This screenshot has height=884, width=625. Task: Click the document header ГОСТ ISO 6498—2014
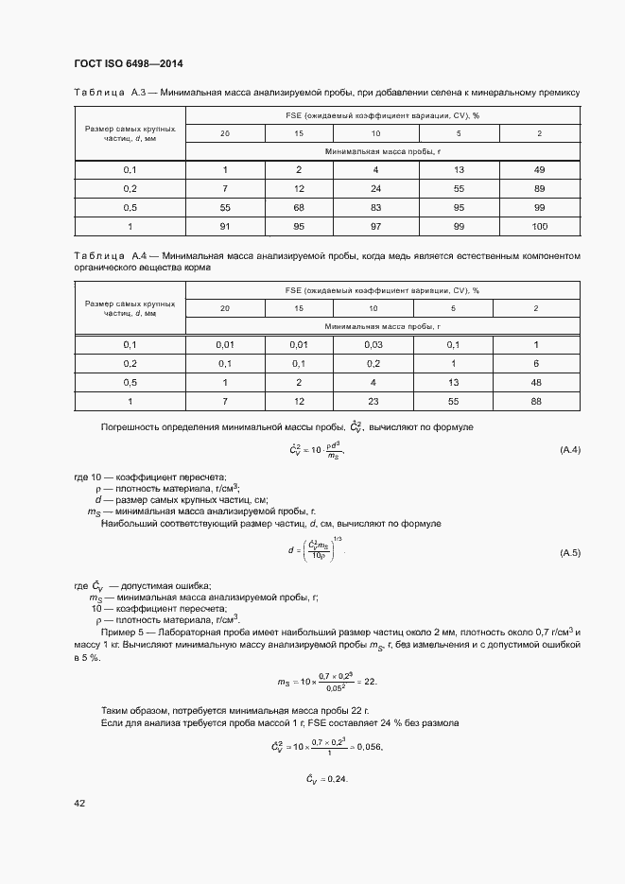click(x=128, y=64)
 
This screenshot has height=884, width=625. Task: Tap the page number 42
click(x=79, y=804)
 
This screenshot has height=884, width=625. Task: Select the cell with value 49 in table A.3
click(x=538, y=170)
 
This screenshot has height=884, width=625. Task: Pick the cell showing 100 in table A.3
click(x=539, y=227)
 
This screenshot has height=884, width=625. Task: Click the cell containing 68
click(x=299, y=208)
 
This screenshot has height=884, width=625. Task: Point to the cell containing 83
click(x=374, y=208)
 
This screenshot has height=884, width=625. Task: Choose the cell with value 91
click(x=225, y=227)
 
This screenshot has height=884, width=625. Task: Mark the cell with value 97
click(x=374, y=227)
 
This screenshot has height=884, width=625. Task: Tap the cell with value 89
click(x=538, y=189)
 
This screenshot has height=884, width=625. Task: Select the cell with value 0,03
click(x=373, y=344)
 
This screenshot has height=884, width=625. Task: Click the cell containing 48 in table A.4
click(x=536, y=382)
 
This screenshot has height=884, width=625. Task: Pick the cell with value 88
click(x=536, y=401)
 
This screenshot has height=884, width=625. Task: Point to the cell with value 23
click(x=373, y=401)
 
